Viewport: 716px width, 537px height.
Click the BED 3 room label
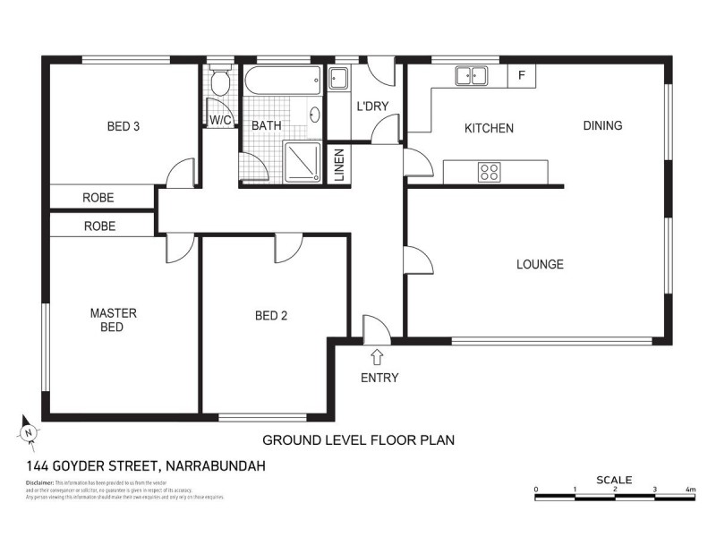pos(123,126)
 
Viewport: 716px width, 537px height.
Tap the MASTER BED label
pos(113,320)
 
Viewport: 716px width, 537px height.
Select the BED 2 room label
pos(270,315)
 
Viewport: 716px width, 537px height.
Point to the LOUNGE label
pos(540,264)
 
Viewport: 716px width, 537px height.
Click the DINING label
pos(602,125)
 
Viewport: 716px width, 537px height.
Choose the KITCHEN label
pos(489,128)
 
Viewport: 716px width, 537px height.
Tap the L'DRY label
pos(371,107)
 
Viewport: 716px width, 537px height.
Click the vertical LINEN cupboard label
pos(340,166)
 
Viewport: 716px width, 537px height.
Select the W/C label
pos(221,120)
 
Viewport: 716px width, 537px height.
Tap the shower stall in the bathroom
pos(303,161)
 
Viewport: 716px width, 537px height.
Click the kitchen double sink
pos(470,76)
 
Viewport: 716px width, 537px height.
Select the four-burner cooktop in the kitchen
pos(489,171)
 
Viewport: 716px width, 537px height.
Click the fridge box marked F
pos(521,75)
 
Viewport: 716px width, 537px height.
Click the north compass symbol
pos(30,432)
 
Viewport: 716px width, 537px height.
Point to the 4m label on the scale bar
pos(690,490)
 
